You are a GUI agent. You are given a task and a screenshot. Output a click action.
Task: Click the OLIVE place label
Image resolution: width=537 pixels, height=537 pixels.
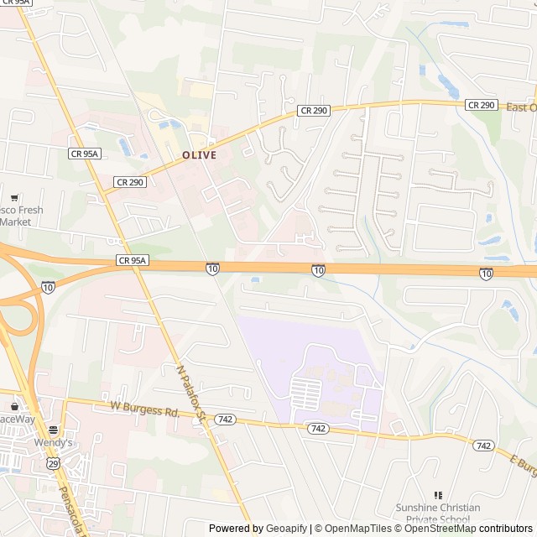coord(200,155)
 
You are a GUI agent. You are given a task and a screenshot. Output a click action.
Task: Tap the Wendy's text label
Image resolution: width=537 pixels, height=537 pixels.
coord(54,442)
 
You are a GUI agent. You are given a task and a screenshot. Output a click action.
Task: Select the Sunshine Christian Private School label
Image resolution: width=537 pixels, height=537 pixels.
coord(438,513)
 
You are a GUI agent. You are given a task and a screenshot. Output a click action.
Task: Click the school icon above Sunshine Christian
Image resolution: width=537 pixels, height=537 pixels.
coord(437,496)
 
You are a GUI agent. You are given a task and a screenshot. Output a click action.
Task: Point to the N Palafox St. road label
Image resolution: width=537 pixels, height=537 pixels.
coord(191,392)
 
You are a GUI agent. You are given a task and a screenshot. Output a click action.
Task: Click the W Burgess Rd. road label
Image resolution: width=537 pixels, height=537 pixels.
coord(145,412)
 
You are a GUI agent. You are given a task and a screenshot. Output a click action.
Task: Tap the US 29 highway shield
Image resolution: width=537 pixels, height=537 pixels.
coord(53,463)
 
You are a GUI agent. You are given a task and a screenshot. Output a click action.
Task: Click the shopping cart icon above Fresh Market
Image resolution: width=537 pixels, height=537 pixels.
coord(14,198)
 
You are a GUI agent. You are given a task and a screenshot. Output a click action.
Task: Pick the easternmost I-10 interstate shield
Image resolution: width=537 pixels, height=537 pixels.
coord(486,274)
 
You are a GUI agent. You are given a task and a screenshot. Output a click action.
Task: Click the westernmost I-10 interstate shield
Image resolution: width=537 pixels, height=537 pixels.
coord(48,287)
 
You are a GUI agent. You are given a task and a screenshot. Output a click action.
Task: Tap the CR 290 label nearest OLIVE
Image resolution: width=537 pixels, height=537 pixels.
coord(130,181)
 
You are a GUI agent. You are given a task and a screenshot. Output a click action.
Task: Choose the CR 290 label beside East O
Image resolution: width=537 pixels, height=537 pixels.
coord(482,105)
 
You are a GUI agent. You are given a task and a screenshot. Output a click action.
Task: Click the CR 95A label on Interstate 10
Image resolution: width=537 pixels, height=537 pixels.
coord(133,261)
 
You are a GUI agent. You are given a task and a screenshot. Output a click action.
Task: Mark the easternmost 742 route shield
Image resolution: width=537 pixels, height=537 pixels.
coord(482,446)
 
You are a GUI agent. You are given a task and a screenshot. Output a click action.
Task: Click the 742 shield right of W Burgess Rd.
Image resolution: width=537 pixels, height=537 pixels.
coord(224,418)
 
